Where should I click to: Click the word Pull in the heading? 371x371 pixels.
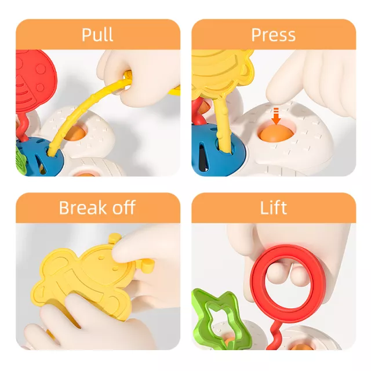[97, 35]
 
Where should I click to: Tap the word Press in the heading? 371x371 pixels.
[273, 35]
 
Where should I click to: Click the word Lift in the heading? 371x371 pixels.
[273, 208]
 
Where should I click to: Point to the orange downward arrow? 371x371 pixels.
[276, 116]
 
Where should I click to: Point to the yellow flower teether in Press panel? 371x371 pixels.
[223, 74]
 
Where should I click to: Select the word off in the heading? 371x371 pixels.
[123, 208]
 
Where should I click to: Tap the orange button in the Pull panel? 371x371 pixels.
[75, 134]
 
